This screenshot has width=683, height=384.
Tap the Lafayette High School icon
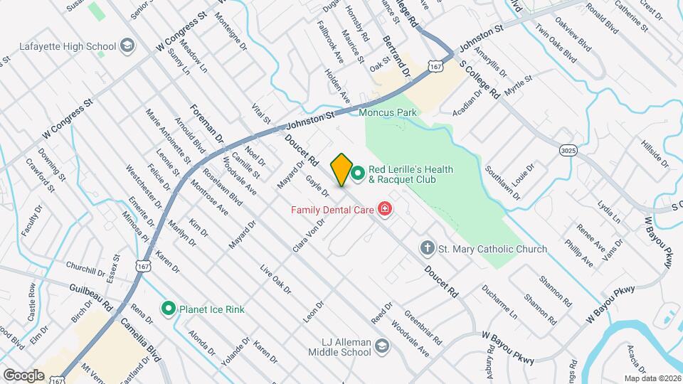point(127,46)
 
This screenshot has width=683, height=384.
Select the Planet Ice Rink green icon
point(169,309)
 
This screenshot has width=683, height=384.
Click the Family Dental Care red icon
point(385,209)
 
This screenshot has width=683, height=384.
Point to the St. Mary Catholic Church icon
point(427,249)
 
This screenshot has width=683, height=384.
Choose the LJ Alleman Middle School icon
point(382,346)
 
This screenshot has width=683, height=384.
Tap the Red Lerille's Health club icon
point(358,171)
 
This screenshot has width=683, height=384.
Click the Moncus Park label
point(388,112)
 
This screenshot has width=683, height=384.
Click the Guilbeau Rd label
point(92,295)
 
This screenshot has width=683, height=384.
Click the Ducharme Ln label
point(499,302)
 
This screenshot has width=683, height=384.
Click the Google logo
point(23,375)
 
